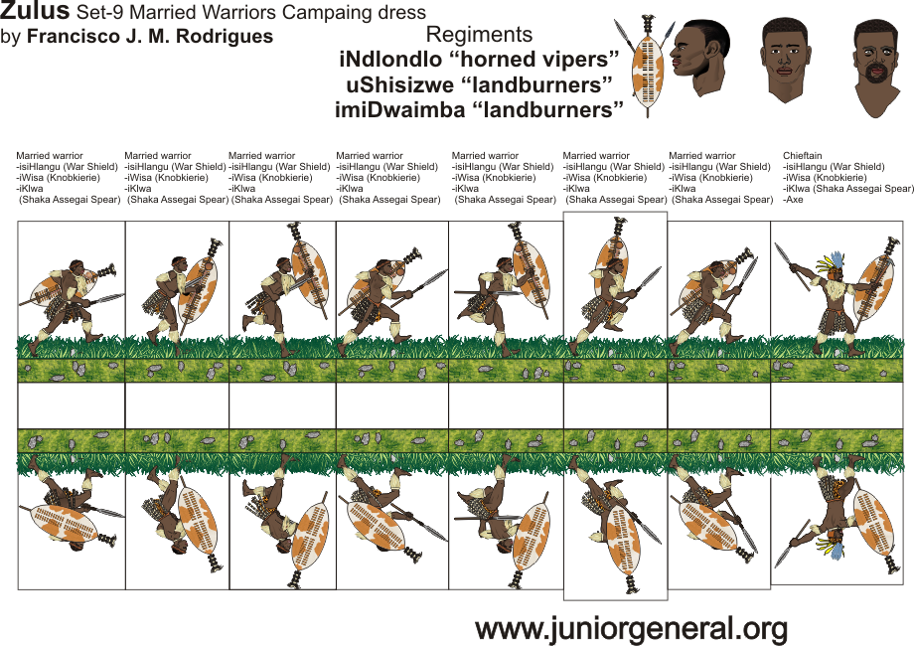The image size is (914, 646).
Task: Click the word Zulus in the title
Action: (x=35, y=12)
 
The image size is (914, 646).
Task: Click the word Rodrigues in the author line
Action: (x=227, y=37)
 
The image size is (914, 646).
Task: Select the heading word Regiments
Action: (x=479, y=35)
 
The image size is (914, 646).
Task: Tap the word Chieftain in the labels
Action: (x=803, y=156)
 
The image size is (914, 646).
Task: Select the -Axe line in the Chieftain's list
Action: (x=793, y=200)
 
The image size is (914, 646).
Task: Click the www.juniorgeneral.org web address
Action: (x=631, y=628)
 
